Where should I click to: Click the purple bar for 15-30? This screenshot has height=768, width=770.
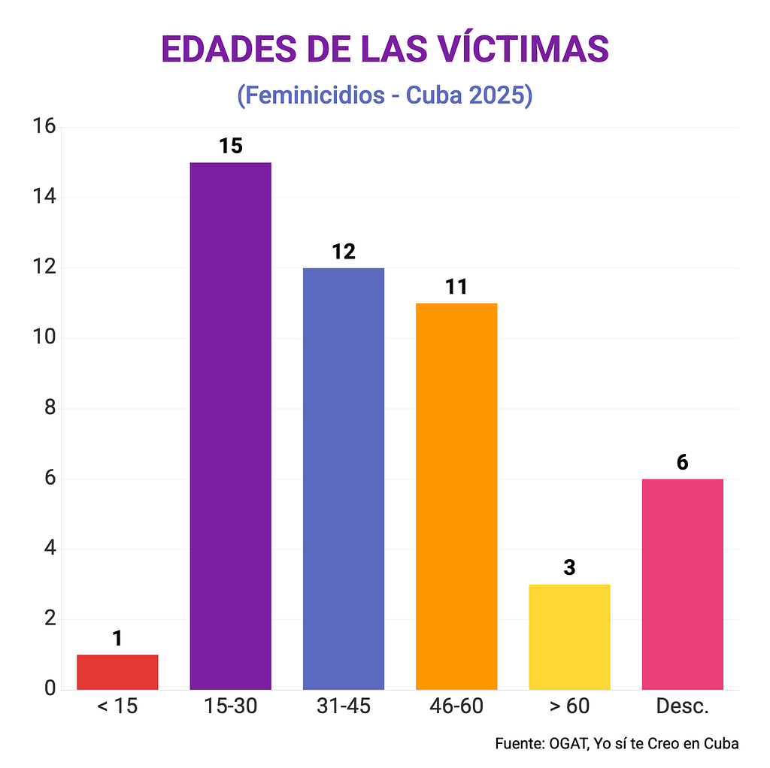pyautogui.click(x=230, y=425)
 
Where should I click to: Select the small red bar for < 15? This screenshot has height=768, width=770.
pyautogui.click(x=117, y=672)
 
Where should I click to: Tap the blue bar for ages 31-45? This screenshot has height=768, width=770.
pyautogui.click(x=344, y=478)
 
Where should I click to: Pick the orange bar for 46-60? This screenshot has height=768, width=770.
pyautogui.click(x=456, y=496)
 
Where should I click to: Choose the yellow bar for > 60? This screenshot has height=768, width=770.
pyautogui.click(x=569, y=636)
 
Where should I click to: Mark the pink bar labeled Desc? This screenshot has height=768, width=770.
pyautogui.click(x=682, y=584)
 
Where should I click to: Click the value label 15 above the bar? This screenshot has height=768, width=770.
pyautogui.click(x=230, y=146)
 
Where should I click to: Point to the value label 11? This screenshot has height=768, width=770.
pyautogui.click(x=456, y=286)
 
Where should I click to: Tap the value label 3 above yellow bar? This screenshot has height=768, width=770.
pyautogui.click(x=569, y=567)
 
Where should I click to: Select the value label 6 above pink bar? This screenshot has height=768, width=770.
pyautogui.click(x=682, y=462)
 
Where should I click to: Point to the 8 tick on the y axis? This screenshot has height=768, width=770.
pyautogui.click(x=50, y=408)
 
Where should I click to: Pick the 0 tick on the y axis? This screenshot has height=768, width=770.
pyautogui.click(x=50, y=688)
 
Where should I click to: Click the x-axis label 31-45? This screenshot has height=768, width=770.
pyautogui.click(x=344, y=707)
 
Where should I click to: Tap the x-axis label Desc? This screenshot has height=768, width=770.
pyautogui.click(x=682, y=707)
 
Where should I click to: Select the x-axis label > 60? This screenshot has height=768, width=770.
pyautogui.click(x=569, y=707)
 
